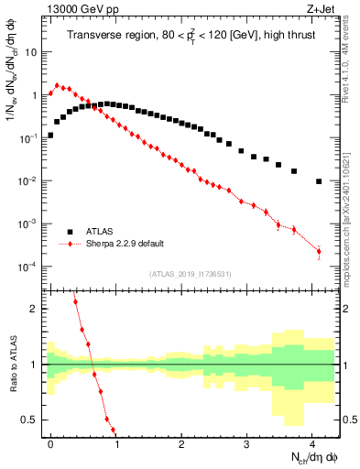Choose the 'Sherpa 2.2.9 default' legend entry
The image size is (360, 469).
click(125, 244)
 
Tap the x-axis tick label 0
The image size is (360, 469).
click(51, 442)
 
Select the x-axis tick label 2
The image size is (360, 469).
click(181, 442)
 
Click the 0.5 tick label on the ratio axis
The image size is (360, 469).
click(31, 420)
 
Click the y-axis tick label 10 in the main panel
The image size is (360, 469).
click(30, 51)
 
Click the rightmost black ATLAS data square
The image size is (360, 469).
click(319, 181)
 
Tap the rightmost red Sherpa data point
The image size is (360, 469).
click(319, 251)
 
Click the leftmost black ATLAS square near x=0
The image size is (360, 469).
click(51, 135)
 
